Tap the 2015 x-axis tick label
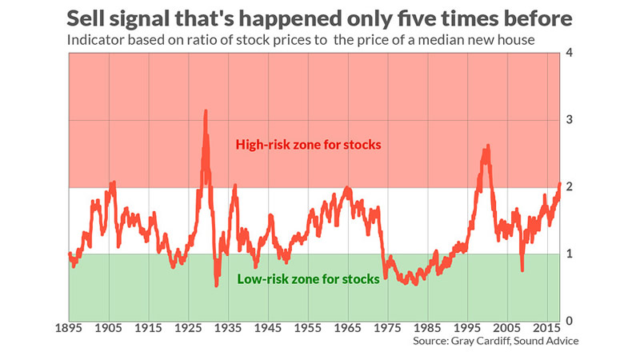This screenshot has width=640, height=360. tap(547, 329)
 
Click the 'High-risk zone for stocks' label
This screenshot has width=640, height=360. tap(306, 145)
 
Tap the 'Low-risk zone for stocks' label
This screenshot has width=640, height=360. tap(308, 279)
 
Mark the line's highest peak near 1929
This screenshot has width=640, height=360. tap(206, 111)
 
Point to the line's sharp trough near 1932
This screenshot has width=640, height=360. tap(217, 285)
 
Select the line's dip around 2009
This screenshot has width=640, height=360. tap(522, 270)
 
